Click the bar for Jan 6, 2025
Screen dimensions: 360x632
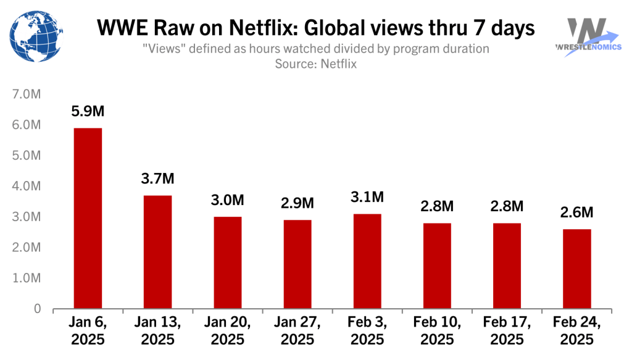[88, 218]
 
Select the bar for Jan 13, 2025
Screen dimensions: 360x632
[157, 252]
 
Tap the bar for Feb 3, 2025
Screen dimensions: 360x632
[367, 261]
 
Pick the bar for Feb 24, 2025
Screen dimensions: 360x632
[577, 269]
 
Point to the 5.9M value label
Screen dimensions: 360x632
[88, 112]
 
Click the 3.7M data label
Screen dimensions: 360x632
[157, 179]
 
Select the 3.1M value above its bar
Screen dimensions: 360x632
[367, 198]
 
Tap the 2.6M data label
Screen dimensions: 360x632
[577, 212]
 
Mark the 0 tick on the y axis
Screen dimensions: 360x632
[37, 309]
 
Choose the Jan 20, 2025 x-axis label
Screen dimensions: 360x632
[227, 330]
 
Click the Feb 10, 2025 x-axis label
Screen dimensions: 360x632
[437, 330]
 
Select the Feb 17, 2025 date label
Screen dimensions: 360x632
[507, 330]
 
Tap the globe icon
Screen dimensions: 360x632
[35, 35]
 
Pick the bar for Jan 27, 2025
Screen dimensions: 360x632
[297, 264]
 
